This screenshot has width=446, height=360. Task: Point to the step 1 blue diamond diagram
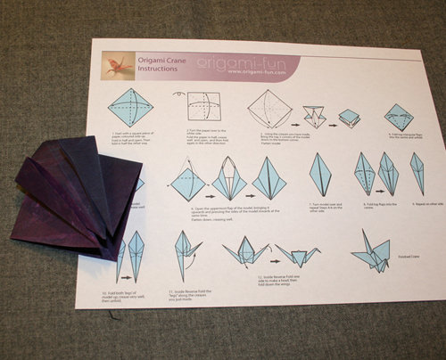coord(130,108)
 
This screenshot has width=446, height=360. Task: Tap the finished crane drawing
coord(376,250)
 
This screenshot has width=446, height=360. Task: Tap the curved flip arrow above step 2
coord(180,93)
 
